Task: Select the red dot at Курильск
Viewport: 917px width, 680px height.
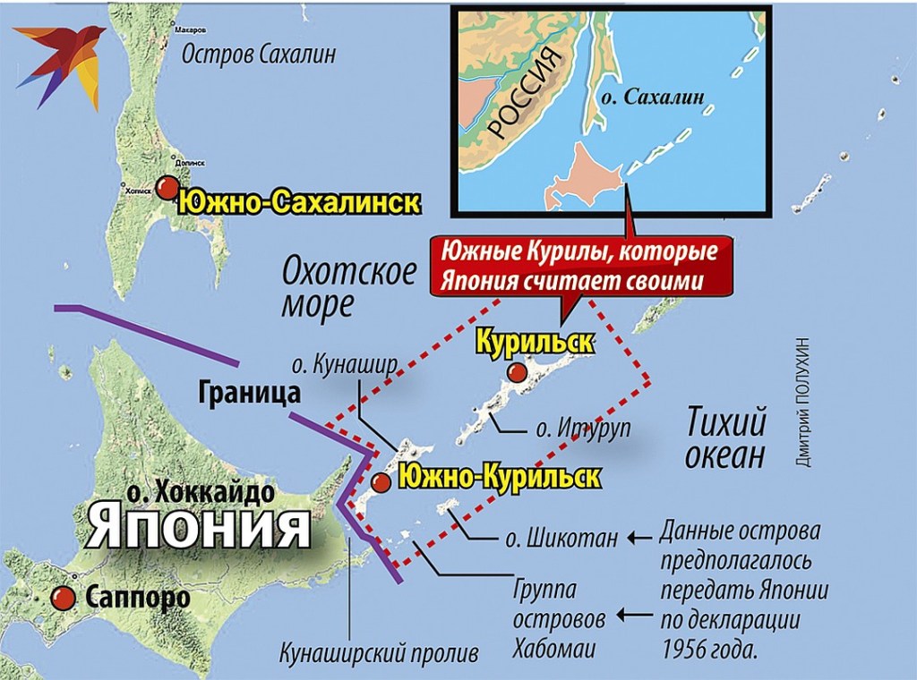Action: tap(515, 372)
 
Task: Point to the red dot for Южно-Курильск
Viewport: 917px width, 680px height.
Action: tap(381, 483)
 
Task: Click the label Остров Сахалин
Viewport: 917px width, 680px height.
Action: tap(259, 55)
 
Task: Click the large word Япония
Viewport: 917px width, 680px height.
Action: tap(200, 526)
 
